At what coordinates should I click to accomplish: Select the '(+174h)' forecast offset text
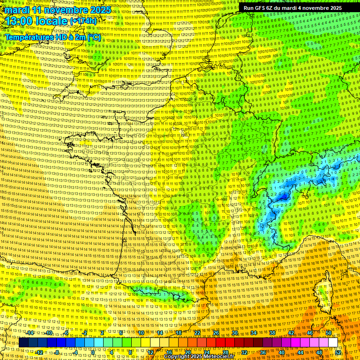[x=83, y=22]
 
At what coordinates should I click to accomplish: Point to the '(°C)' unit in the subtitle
[x=93, y=37]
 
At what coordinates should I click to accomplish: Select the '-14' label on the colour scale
[x=30, y=333]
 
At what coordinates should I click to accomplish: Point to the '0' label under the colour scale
[x=93, y=352]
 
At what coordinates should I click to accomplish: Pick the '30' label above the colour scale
[x=235, y=333]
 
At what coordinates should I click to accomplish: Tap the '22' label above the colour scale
[x=197, y=333]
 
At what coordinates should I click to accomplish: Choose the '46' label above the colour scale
[x=309, y=333]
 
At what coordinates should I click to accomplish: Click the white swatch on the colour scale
[x=333, y=343]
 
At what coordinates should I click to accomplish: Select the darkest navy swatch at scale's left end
[x=23, y=343]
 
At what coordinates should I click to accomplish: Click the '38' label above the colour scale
[x=272, y=333]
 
